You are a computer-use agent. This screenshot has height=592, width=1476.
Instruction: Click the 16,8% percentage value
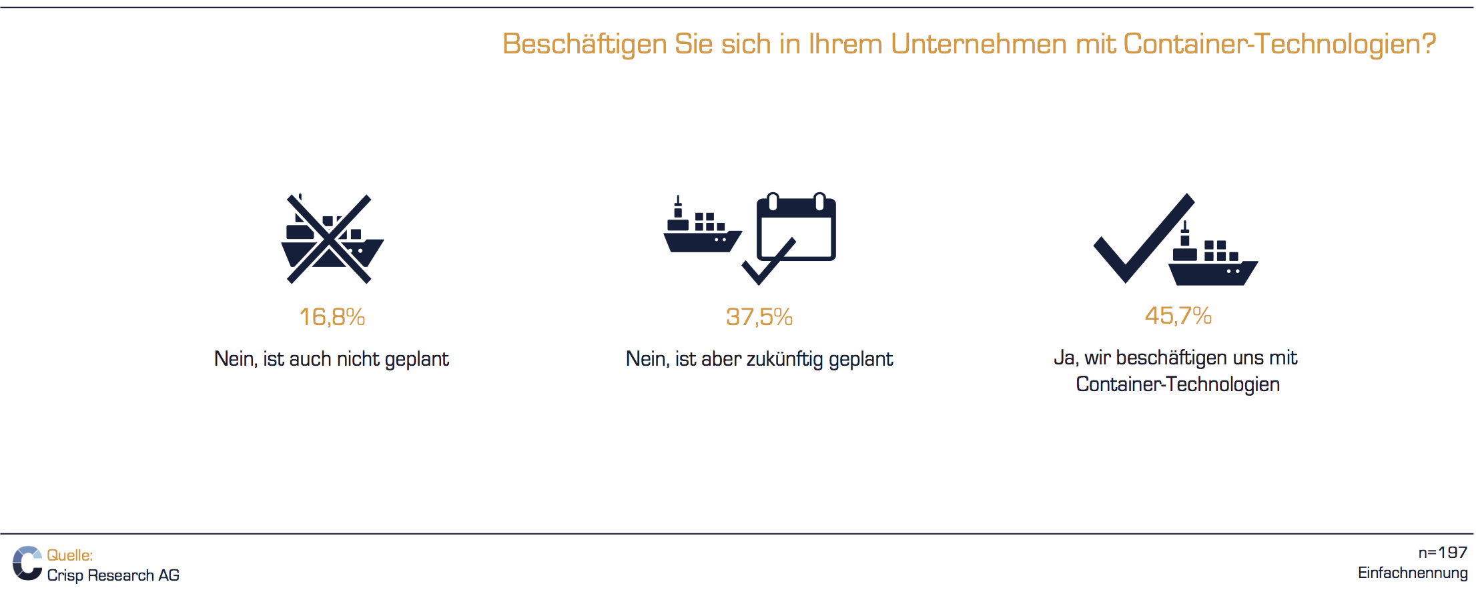(332, 317)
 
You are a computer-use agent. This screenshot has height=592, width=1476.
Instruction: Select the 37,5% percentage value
(759, 317)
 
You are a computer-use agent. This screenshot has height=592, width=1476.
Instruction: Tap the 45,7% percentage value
(1178, 316)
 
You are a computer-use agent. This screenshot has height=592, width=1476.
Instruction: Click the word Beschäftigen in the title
(585, 45)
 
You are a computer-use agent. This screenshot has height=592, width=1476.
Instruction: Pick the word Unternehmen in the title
(979, 44)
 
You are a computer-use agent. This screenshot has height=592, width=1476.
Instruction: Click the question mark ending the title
(1429, 44)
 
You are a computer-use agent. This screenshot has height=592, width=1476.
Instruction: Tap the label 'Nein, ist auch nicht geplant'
(332, 359)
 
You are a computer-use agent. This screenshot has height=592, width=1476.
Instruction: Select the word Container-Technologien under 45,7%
(1178, 384)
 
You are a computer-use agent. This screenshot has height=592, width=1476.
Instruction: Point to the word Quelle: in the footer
(70, 555)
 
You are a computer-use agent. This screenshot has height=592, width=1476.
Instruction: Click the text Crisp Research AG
(113, 575)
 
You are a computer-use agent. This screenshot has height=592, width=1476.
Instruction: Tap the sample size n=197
(1443, 553)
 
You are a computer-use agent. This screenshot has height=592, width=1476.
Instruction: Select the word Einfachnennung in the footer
(1413, 573)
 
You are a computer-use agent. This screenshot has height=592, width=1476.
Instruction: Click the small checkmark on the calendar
(769, 262)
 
